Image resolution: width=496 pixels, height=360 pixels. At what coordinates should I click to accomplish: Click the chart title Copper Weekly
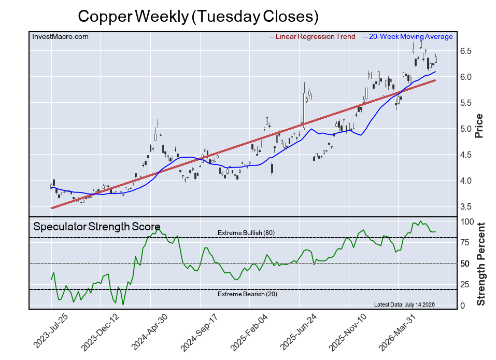click(133, 17)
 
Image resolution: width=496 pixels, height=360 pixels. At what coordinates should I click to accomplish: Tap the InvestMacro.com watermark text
click(61, 37)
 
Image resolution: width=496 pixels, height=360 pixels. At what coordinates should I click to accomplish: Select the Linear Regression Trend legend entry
click(312, 37)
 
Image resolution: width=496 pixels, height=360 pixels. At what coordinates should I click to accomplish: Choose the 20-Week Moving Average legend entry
click(407, 37)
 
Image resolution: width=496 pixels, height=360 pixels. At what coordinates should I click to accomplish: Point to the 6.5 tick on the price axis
click(465, 51)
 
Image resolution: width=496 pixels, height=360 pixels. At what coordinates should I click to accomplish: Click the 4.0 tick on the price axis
click(465, 181)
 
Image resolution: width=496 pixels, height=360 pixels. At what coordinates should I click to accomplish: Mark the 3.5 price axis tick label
click(465, 207)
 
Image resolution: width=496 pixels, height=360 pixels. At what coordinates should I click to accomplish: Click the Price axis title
click(479, 126)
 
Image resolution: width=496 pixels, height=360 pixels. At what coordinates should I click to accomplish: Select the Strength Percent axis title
click(480, 264)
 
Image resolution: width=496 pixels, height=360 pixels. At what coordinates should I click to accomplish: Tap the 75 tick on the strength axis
click(465, 243)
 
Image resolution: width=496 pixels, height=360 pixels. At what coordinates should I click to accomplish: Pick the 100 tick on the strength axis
click(467, 221)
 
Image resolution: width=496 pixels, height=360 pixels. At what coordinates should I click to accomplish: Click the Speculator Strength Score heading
click(97, 227)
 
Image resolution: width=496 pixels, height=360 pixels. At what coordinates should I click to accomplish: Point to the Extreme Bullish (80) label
click(246, 233)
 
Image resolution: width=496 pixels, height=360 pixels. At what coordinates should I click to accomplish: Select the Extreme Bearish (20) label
click(247, 294)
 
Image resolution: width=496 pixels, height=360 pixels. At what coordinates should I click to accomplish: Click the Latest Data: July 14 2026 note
click(404, 304)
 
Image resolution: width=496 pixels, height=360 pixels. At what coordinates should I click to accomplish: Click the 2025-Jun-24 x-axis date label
click(299, 332)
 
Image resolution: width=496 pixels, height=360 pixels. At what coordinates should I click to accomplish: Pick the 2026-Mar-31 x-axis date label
click(397, 332)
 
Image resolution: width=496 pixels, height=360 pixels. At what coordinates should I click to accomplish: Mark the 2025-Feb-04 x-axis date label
click(249, 332)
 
